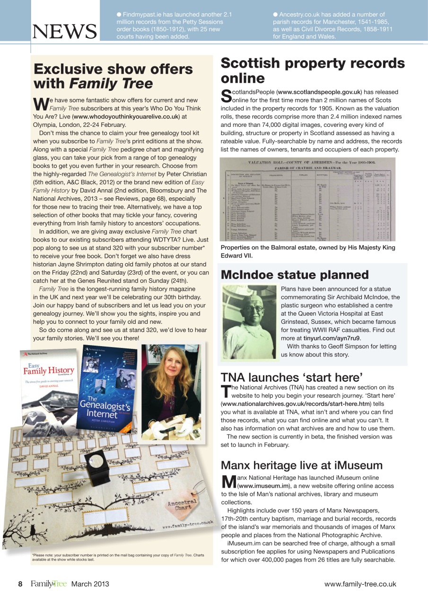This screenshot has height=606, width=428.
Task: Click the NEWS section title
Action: coord(64,32)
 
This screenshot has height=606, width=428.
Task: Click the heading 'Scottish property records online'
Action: coord(313,71)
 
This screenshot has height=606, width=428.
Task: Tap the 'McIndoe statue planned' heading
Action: coord(295,275)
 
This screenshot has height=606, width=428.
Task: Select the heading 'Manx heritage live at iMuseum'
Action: coord(301,465)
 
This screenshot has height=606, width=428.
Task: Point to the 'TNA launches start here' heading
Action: coord(291,377)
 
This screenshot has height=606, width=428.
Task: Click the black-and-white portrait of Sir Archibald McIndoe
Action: coord(249,321)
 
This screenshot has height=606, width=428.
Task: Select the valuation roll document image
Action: coord(308,199)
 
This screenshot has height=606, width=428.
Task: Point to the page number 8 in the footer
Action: coord(20,584)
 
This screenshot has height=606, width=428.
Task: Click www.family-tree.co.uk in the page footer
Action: coord(360,584)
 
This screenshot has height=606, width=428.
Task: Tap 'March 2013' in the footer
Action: coord(90,584)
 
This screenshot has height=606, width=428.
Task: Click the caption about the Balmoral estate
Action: coord(307,251)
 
